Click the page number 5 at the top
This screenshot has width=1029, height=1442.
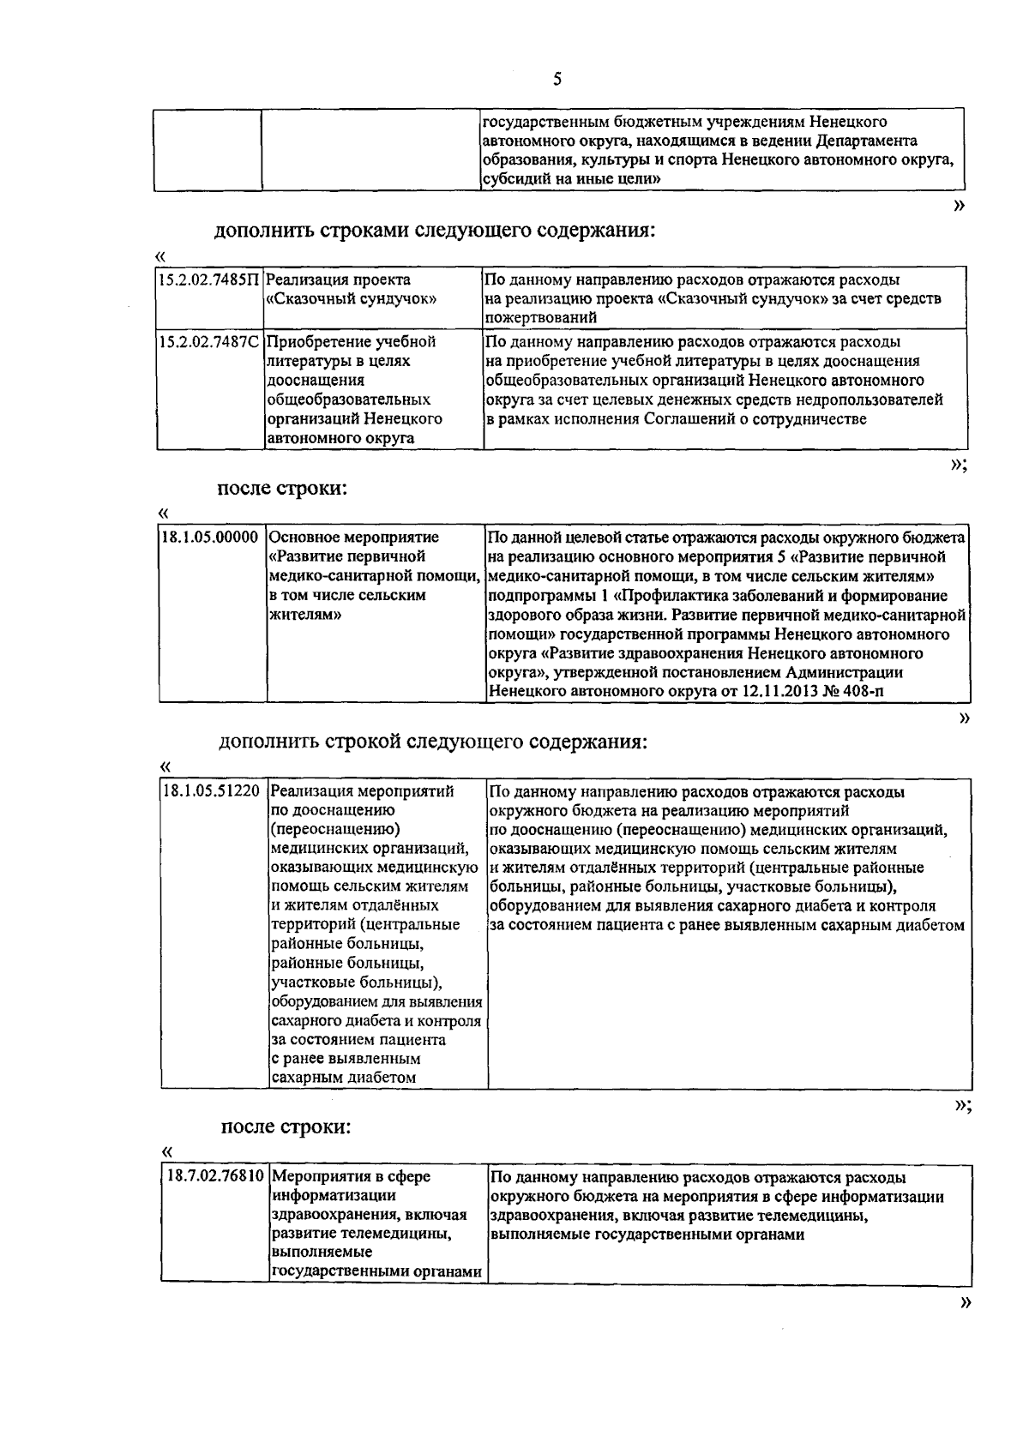558,80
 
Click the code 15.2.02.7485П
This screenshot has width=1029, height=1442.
208,280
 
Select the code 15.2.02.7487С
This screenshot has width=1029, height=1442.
208,342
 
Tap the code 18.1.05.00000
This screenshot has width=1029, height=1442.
210,538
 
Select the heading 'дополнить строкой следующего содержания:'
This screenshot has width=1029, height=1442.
433,742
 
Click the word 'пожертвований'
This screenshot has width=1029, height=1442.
540,318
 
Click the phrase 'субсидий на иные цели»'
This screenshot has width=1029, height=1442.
570,179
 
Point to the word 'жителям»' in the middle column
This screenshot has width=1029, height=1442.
305,615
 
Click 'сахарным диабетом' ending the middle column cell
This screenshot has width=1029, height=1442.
343,1078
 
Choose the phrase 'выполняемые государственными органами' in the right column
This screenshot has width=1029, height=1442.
647,1235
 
